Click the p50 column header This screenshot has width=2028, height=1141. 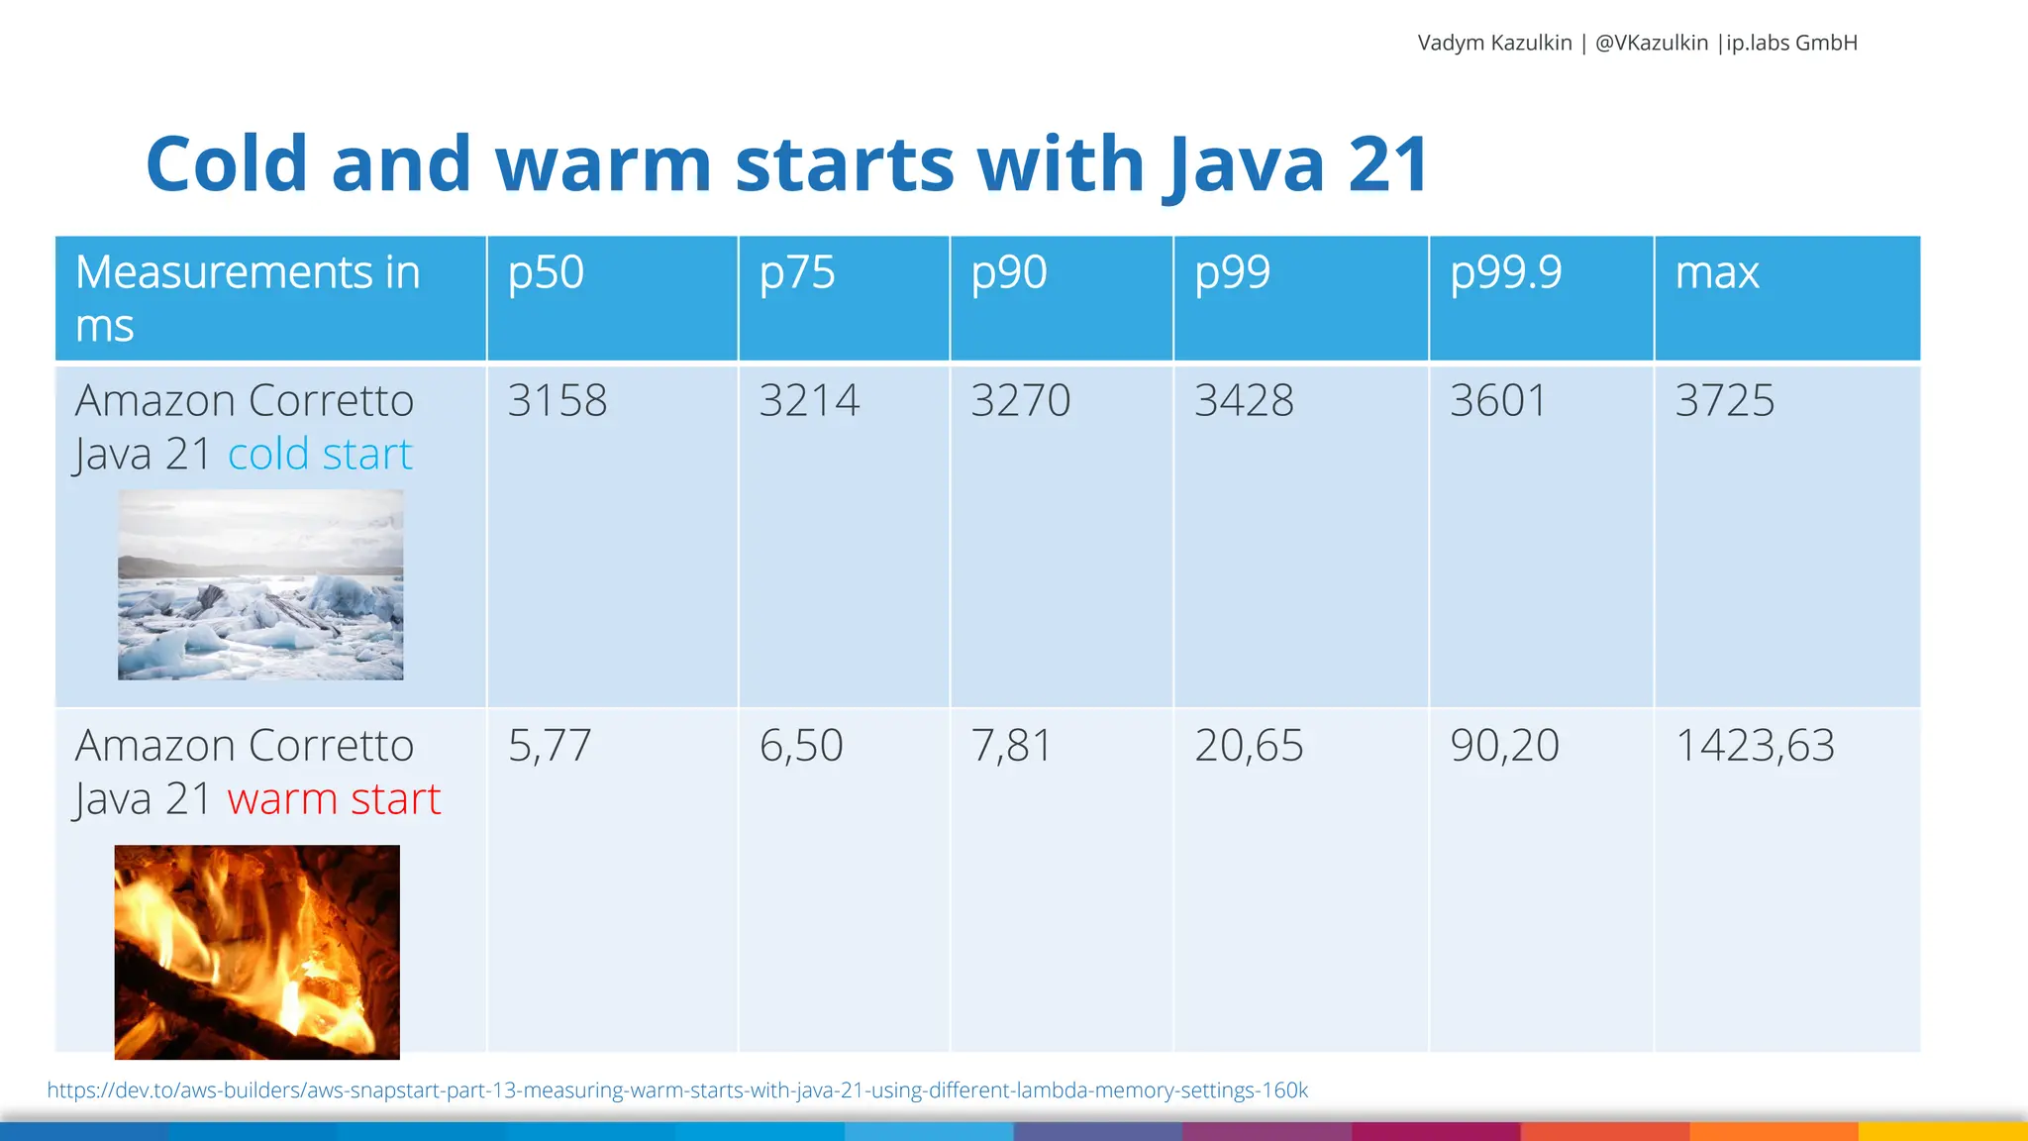546,273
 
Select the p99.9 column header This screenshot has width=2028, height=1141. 1505,273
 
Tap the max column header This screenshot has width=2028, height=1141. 1717,273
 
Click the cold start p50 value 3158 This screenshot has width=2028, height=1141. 558,401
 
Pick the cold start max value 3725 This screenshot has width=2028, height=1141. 1725,401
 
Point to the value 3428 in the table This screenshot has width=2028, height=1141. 1244,401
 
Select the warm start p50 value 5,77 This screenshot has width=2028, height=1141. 550,746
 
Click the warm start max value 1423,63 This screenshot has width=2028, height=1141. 1755,746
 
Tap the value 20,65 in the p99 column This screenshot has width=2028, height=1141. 1249,746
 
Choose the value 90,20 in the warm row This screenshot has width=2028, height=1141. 1504,746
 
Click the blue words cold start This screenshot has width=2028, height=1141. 320,455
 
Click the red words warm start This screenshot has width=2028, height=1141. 334,799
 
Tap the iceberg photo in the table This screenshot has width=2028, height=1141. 260,584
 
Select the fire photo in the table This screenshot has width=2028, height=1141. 256,952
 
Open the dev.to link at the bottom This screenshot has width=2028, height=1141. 677,1090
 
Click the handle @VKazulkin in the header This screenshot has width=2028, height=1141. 1652,43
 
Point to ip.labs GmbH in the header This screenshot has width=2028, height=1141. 1791,43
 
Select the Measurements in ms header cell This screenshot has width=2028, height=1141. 248,298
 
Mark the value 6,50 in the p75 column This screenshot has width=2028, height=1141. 801,746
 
